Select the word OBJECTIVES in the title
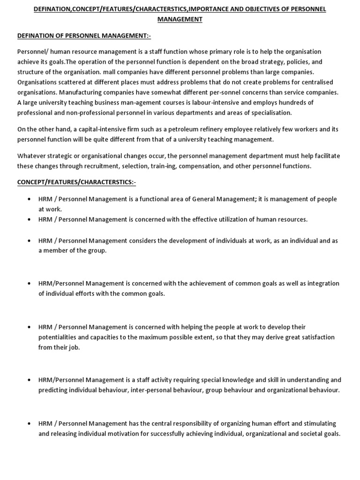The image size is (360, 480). coord(263,9)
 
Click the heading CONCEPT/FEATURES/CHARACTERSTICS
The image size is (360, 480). coord(77,182)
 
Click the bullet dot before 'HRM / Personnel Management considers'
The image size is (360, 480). coord(29,241)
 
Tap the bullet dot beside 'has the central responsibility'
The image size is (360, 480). coord(29,424)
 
